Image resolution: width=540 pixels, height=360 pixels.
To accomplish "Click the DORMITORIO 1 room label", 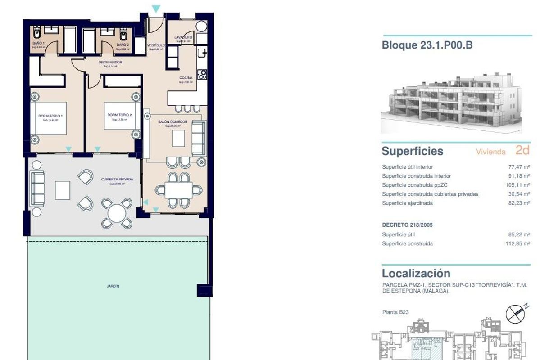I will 50,116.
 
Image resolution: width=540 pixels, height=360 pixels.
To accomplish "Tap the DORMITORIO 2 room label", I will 119,115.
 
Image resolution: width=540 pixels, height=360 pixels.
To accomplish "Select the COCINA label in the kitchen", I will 186,78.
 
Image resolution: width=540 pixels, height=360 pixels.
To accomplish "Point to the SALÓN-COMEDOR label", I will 172,122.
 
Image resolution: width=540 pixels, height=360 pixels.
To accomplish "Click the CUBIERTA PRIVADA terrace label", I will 117,179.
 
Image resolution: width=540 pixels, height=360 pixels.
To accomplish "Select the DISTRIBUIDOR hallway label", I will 110,63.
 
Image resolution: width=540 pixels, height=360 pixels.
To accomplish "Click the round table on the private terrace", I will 117,212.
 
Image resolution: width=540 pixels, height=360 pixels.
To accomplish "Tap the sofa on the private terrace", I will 37,189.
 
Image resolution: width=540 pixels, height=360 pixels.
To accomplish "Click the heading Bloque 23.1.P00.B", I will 427,45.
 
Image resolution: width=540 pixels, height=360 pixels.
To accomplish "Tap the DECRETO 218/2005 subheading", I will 407,225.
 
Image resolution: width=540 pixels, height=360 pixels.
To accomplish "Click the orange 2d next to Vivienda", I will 522,151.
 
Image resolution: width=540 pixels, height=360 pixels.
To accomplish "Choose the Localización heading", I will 416,273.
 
